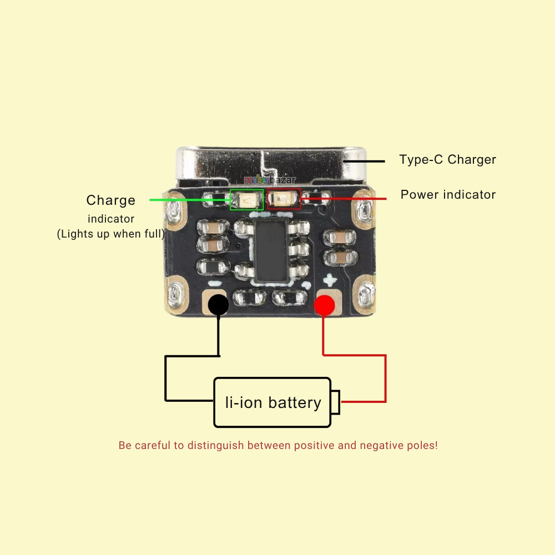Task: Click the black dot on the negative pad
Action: tap(218, 305)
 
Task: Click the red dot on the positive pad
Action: tap(325, 305)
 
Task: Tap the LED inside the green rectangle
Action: tap(247, 199)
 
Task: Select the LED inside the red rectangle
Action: tap(284, 199)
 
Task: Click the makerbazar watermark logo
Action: tap(270, 180)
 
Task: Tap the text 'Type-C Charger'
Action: tap(447, 160)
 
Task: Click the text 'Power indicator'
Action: tap(448, 195)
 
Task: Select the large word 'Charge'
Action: tap(111, 200)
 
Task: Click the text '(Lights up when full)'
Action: tap(111, 234)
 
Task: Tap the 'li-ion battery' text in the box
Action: tap(273, 402)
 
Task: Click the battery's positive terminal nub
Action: tap(336, 402)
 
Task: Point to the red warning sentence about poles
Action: tap(278, 445)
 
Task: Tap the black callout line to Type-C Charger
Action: tap(364, 162)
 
